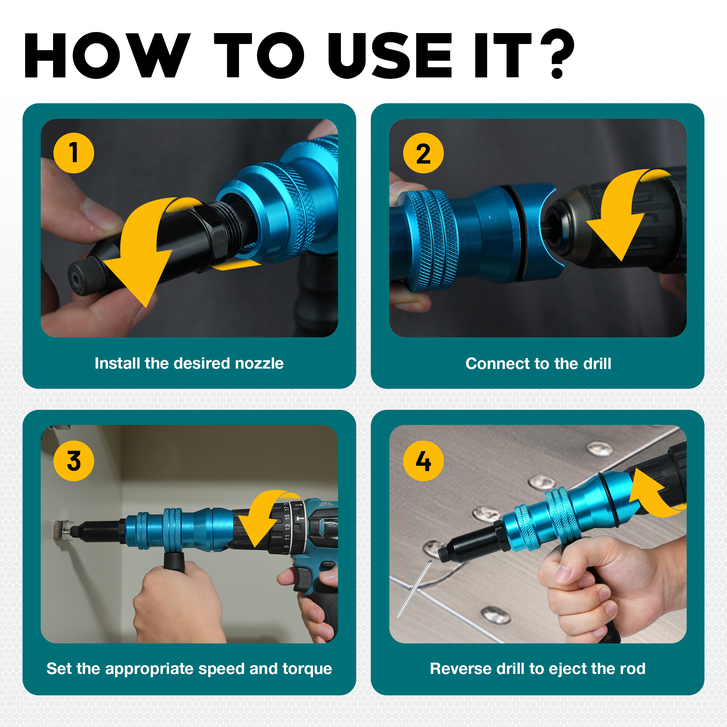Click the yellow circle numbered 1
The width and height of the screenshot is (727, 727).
point(74,153)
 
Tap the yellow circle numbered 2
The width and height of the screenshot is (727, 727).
point(423,153)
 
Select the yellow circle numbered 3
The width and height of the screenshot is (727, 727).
point(74,461)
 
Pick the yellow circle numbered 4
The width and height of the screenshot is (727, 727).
point(423,461)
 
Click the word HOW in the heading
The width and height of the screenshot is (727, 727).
point(107,55)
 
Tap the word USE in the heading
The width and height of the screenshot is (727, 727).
point(390,55)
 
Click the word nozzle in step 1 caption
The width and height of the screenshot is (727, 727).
point(259,363)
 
